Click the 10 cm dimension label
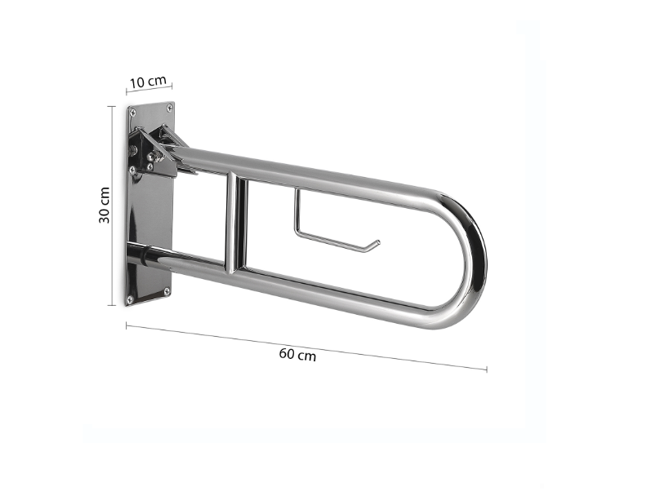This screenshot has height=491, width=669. point(149,82)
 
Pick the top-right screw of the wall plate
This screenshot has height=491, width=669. point(169,107)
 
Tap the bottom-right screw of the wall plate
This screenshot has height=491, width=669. point(167,290)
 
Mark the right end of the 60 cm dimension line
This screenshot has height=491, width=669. point(487,369)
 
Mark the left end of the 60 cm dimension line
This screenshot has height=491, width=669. point(126,325)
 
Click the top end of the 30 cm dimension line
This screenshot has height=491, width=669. point(112,106)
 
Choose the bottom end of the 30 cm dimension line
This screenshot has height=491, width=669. point(112,305)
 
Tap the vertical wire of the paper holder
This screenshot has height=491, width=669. point(297,214)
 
